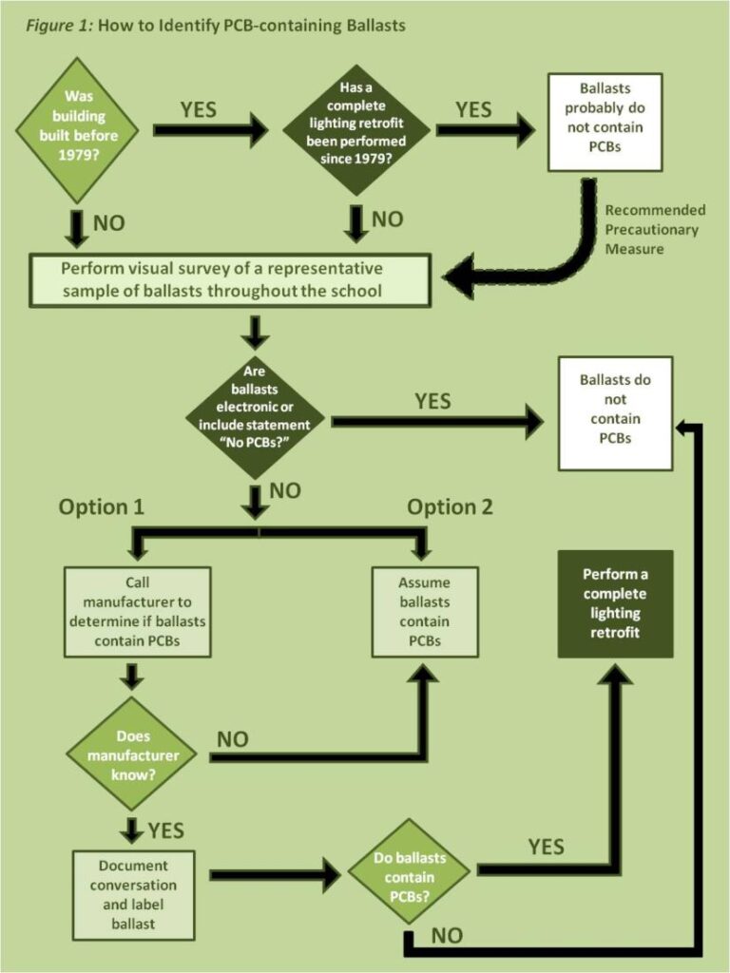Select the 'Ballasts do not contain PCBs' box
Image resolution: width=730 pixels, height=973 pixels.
615,412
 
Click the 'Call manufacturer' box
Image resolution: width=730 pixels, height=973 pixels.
137,613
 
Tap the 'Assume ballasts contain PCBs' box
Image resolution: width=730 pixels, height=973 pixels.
424,613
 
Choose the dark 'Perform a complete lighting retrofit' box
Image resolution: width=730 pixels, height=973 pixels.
615,604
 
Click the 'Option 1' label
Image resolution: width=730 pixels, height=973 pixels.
102,506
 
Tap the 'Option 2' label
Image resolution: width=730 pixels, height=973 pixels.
451,506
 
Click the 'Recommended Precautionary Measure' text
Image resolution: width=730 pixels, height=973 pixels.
655,229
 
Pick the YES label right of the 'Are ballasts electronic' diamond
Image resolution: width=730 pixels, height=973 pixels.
432,402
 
